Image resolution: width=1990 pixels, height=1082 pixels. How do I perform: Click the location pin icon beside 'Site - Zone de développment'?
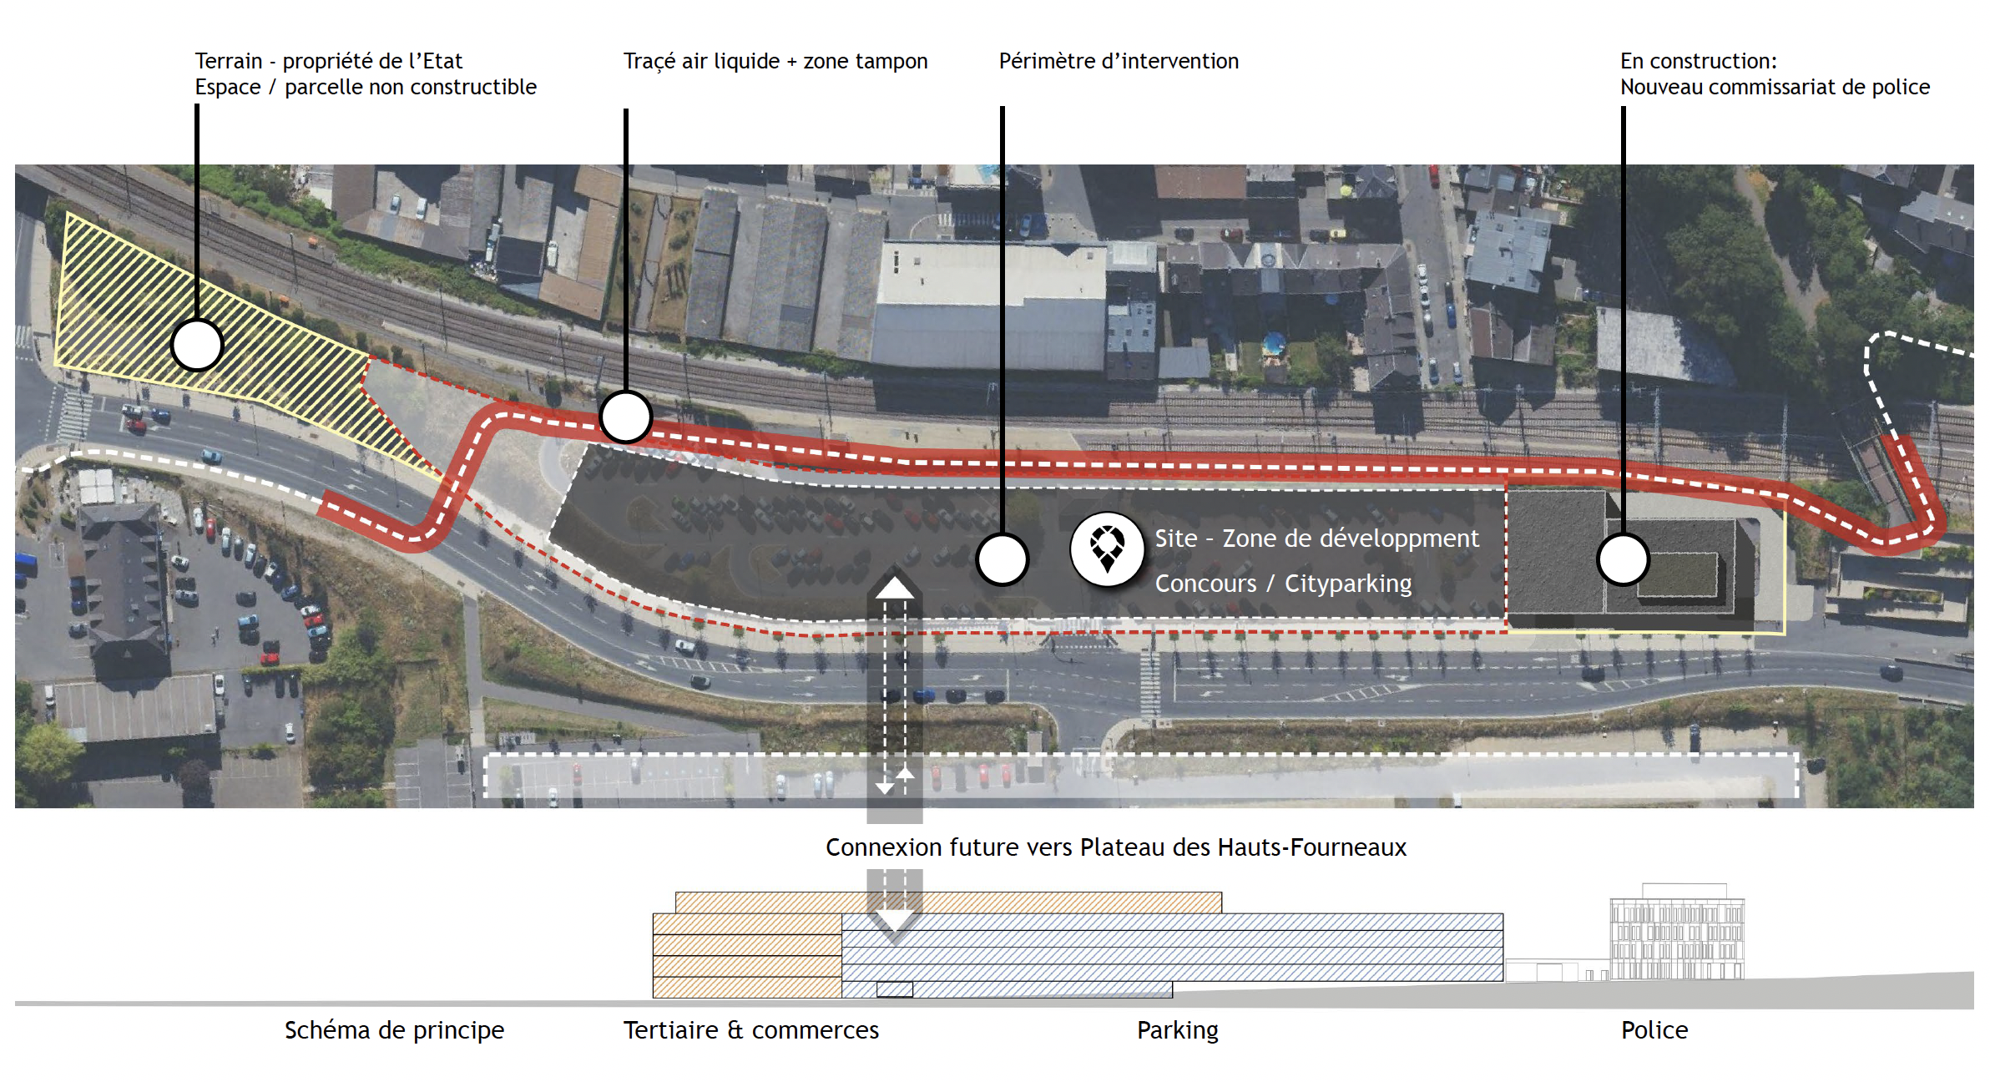[1107, 549]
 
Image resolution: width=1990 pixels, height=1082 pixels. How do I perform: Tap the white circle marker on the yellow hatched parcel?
[197, 345]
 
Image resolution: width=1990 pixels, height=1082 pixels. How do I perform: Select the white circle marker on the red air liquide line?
[625, 417]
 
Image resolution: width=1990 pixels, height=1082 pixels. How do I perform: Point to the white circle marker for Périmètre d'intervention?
[1002, 559]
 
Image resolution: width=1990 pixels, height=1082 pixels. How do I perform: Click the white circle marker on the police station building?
[1623, 559]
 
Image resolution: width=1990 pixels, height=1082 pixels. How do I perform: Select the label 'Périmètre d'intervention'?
[1119, 61]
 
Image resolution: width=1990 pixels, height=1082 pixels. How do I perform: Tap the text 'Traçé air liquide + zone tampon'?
[775, 61]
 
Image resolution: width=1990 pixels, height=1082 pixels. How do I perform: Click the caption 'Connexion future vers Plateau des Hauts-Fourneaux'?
[1115, 847]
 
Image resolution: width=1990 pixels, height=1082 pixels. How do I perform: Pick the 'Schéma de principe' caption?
[394, 1030]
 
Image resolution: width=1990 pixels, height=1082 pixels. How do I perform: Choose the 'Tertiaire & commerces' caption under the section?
[750, 1030]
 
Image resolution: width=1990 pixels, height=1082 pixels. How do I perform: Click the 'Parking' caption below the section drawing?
[1177, 1030]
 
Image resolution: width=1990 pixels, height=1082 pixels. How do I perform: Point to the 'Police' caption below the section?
[1654, 1030]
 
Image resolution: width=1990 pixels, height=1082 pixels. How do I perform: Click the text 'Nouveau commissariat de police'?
[1775, 87]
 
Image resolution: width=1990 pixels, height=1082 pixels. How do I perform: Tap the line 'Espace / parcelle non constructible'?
[366, 87]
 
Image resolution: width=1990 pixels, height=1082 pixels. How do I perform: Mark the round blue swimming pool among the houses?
[1273, 343]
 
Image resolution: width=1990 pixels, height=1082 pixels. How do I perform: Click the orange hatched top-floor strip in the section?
[948, 903]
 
